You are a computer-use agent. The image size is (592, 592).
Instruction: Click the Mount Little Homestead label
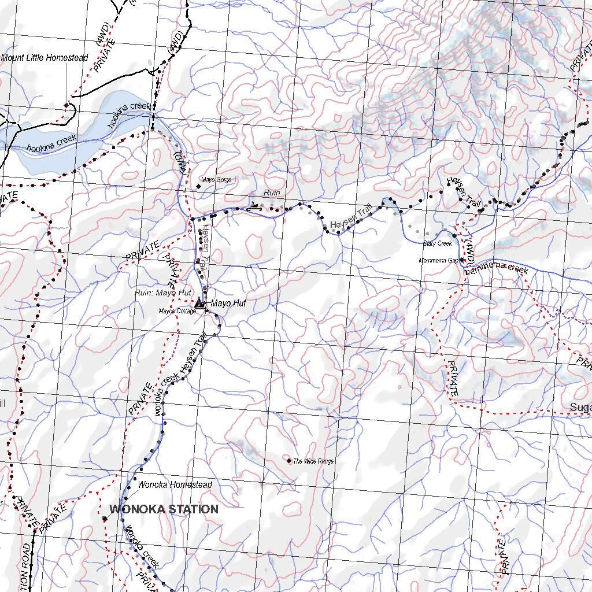tap(45, 58)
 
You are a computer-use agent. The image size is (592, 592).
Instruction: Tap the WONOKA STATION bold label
tap(164, 509)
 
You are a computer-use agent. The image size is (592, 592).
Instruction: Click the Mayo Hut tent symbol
tap(199, 302)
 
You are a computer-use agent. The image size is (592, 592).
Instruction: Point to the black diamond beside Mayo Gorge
tap(199, 186)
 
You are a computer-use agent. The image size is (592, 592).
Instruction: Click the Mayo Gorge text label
tap(217, 180)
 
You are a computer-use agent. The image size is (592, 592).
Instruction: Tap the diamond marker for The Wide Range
tap(289, 460)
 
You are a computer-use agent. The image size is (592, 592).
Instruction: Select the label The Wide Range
tap(313, 461)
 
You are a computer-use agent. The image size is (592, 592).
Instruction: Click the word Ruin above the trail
tap(272, 193)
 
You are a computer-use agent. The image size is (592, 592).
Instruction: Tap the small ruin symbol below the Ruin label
tap(254, 205)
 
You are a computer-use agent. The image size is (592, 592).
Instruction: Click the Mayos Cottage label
tap(177, 311)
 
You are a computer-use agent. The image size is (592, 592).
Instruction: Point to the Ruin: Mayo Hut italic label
tap(163, 293)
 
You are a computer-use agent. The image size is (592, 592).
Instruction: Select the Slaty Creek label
tap(437, 243)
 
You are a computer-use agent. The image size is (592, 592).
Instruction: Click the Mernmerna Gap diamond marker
tap(462, 260)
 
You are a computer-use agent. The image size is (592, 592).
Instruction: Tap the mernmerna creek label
tap(495, 267)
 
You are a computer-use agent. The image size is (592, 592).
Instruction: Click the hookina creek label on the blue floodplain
tap(51, 144)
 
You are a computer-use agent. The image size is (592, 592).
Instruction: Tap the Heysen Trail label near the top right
tap(464, 192)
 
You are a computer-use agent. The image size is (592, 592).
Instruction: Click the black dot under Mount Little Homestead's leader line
tap(67, 105)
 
